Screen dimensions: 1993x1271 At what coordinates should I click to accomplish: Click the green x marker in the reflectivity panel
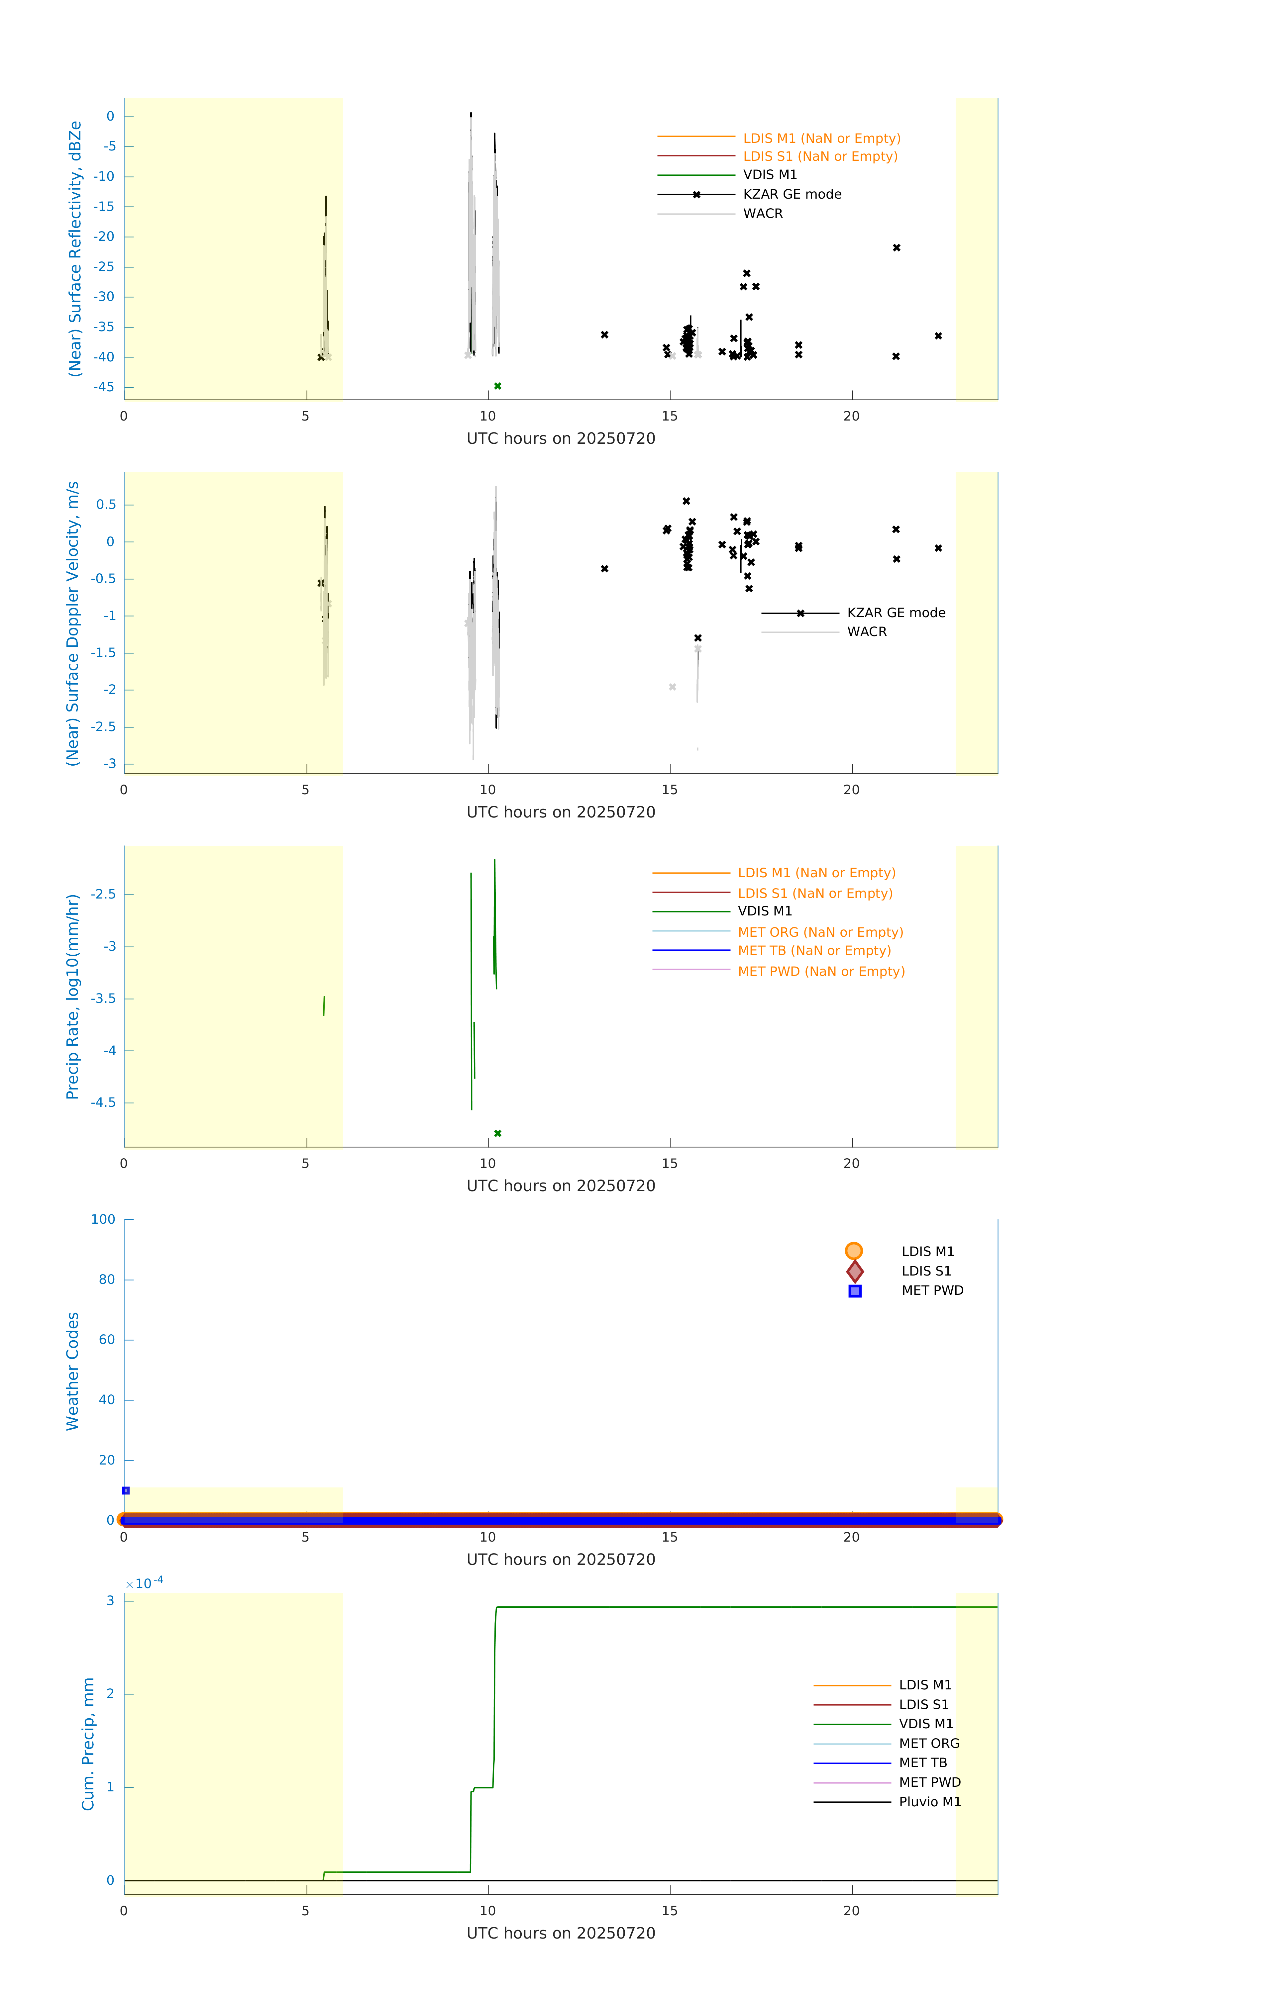tap(498, 386)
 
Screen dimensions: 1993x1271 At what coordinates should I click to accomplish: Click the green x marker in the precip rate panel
tap(498, 1133)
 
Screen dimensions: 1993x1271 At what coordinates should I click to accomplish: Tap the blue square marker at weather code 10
tap(126, 1491)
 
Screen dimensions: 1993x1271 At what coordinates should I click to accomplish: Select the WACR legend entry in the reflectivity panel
tap(763, 214)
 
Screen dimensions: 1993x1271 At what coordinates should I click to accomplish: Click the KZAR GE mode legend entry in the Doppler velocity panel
tap(896, 613)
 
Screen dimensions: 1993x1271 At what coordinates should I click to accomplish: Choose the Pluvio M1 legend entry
tap(930, 1802)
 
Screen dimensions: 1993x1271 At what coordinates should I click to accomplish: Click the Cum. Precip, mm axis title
tap(88, 1744)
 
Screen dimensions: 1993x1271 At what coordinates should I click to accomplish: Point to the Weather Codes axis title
tap(73, 1371)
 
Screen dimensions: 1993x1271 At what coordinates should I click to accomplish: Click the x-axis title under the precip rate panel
tap(561, 1186)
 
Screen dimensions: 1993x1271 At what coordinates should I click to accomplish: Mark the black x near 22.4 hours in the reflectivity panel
tap(938, 336)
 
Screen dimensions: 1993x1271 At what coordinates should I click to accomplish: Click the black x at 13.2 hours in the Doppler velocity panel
tap(604, 569)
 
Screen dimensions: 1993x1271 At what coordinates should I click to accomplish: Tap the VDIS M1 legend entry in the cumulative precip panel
tap(926, 1724)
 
